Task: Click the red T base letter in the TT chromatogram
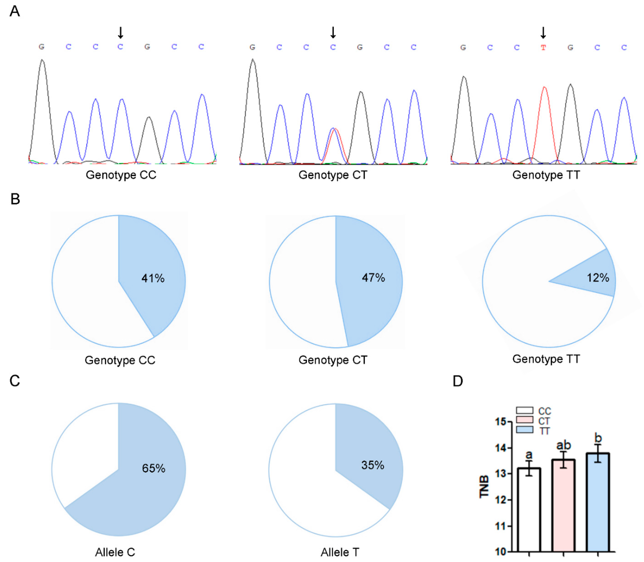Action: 543,48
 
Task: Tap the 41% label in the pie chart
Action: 153,278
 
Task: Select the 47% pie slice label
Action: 373,277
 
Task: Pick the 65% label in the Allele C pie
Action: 154,468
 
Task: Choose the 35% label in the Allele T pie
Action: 373,465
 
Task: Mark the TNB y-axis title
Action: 484,486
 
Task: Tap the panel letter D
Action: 458,381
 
